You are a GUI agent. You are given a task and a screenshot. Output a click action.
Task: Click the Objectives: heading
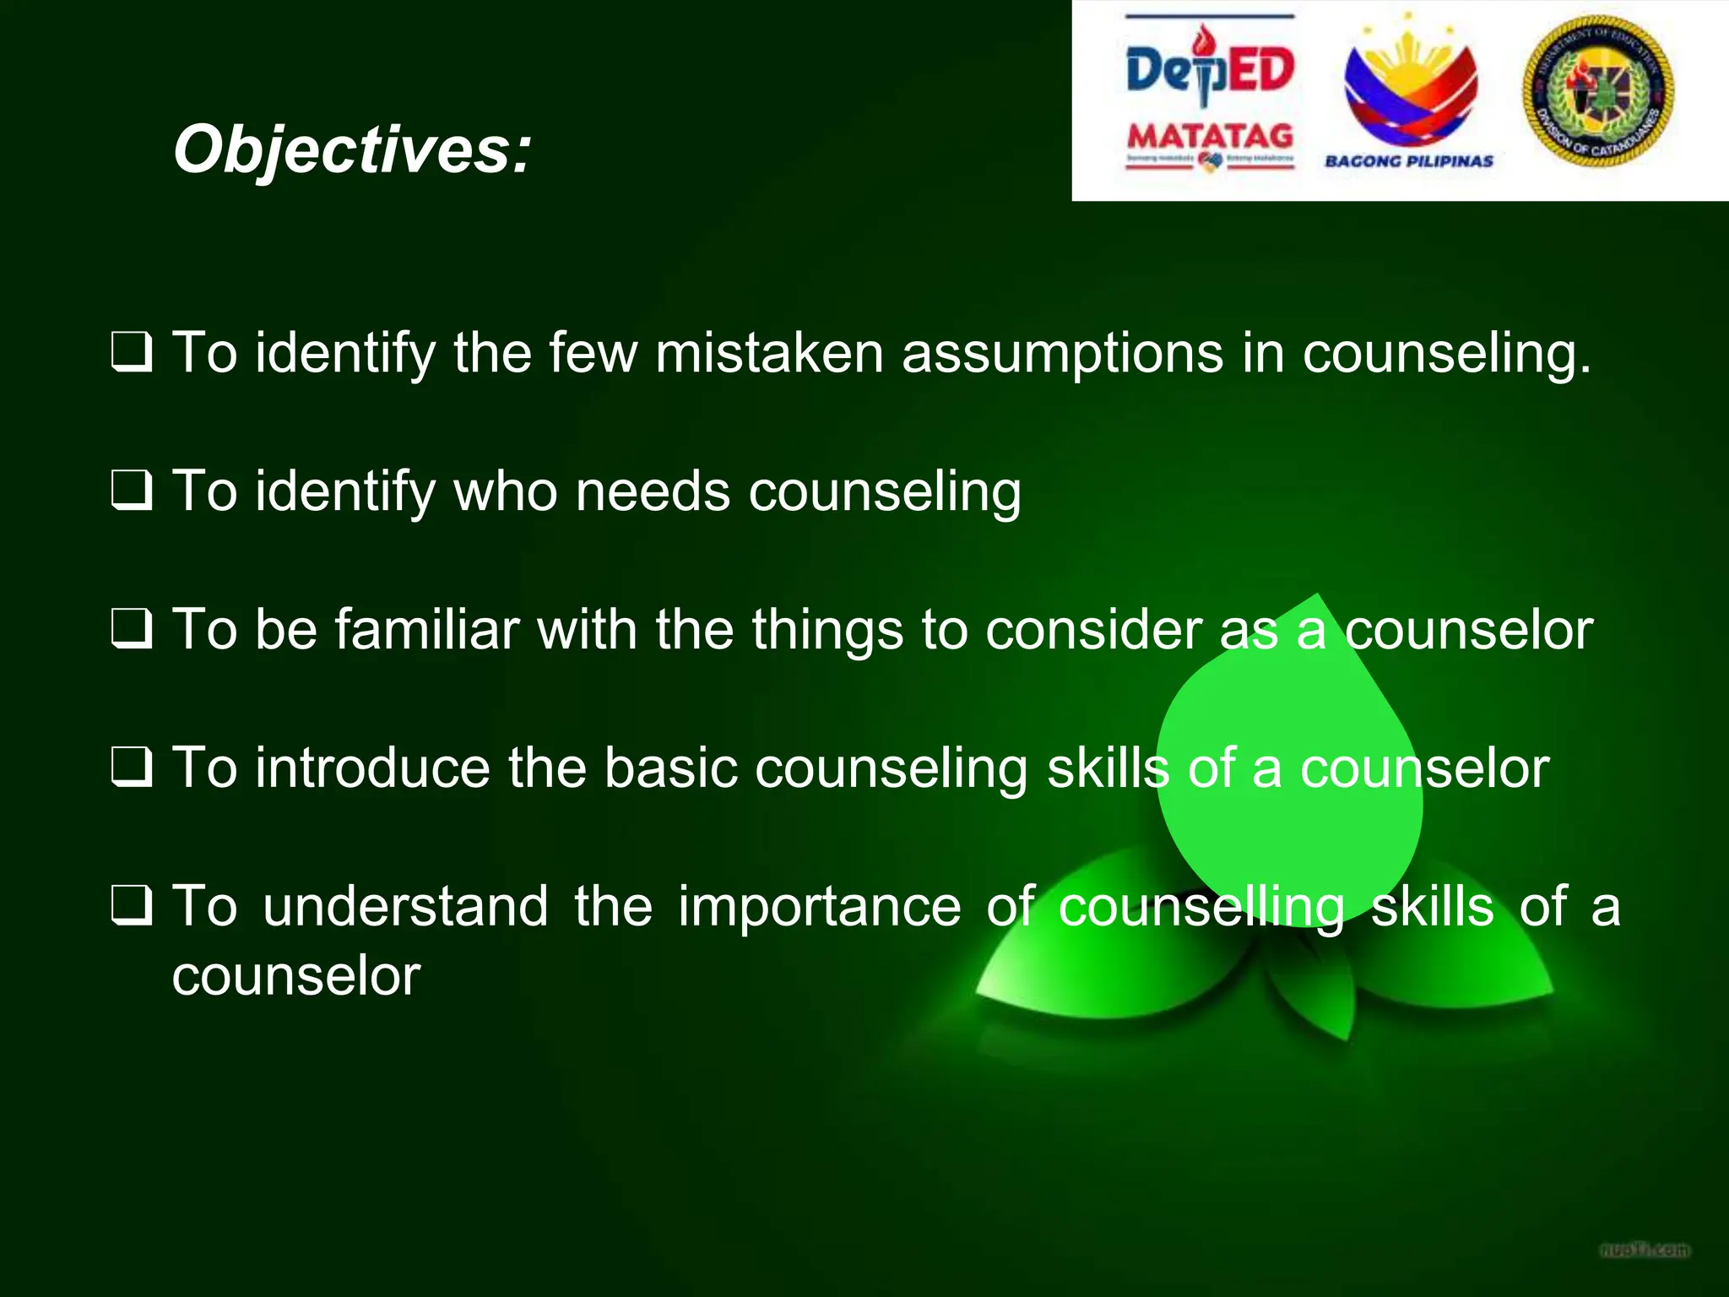click(352, 149)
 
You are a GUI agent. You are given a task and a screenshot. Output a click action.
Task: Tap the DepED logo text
click(1209, 70)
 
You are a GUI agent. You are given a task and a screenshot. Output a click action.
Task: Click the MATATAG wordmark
click(1210, 136)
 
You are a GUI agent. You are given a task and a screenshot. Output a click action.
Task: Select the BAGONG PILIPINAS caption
click(1408, 161)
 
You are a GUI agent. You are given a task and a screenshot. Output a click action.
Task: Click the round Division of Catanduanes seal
click(1598, 91)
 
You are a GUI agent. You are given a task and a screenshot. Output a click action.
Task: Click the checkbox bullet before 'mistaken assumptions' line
click(132, 353)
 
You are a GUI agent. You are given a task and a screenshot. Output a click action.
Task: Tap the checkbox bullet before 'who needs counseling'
click(132, 491)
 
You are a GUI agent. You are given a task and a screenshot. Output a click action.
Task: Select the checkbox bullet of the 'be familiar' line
click(132, 630)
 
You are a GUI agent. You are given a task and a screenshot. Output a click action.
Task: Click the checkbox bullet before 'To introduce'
click(132, 768)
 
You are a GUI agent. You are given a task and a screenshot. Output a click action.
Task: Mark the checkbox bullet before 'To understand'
click(132, 907)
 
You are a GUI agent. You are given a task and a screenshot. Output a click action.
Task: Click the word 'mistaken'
click(768, 353)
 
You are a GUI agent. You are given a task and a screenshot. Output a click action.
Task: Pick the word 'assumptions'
click(1062, 355)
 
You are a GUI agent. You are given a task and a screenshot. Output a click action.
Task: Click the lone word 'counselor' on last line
click(295, 976)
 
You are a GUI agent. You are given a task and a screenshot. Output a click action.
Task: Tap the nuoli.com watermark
click(1645, 1250)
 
